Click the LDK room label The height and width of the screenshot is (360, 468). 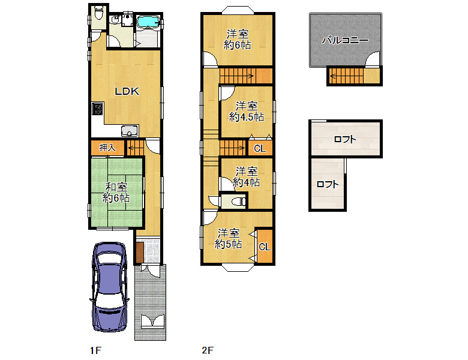tap(127, 91)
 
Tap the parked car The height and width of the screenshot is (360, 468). tap(110, 287)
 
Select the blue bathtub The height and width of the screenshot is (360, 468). tap(148, 22)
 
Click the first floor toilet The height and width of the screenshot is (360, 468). tap(98, 13)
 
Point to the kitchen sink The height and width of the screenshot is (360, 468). tap(130, 131)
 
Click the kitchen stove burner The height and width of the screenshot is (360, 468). tap(97, 109)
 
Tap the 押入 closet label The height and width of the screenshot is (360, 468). tap(107, 148)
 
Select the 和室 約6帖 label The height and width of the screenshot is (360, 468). tap(116, 193)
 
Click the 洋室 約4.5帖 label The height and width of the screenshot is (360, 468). tap(246, 112)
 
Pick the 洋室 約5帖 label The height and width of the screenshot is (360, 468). tap(229, 239)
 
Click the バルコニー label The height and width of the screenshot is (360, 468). tap(345, 40)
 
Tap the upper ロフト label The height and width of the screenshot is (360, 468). tap(345, 139)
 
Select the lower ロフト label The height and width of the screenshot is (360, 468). tap(328, 184)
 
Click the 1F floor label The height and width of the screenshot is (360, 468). tap(96, 350)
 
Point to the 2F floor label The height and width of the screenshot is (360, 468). tap(208, 350)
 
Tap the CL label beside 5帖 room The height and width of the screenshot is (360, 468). tap(265, 247)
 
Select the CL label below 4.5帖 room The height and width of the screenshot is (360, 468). tap(260, 148)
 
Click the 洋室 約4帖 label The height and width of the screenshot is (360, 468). tap(247, 177)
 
